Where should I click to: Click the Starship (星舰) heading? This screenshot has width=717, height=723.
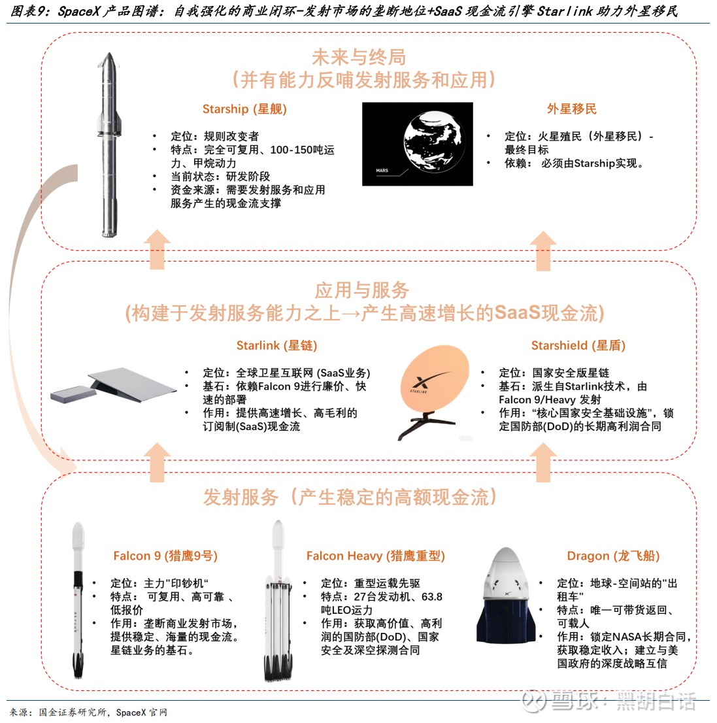pyautogui.click(x=244, y=109)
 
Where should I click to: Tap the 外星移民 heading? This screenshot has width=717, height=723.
pyautogui.click(x=571, y=109)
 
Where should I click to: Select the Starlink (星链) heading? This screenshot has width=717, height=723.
pyautogui.click(x=276, y=346)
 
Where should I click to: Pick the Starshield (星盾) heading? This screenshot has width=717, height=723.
pyautogui.click(x=578, y=346)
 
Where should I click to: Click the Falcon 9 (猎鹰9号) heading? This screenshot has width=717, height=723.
pyautogui.click(x=165, y=556)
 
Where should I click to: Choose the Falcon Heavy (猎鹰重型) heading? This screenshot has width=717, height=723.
pyautogui.click(x=375, y=556)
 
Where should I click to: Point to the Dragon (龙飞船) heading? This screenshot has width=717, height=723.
pyautogui.click(x=613, y=556)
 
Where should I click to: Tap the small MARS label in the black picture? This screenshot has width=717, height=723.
pyautogui.click(x=382, y=171)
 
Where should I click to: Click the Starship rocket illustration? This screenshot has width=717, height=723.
pyautogui.click(x=109, y=144)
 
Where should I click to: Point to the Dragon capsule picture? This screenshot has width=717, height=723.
pyautogui.click(x=507, y=596)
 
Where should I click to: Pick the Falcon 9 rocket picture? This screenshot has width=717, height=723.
pyautogui.click(x=78, y=600)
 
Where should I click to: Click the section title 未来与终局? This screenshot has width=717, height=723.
pyautogui.click(x=359, y=58)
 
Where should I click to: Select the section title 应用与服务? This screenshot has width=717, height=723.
pyautogui.click(x=362, y=290)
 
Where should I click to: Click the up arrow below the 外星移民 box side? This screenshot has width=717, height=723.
pyautogui.click(x=543, y=251)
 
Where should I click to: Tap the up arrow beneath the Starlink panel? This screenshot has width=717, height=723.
pyautogui.click(x=158, y=462)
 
